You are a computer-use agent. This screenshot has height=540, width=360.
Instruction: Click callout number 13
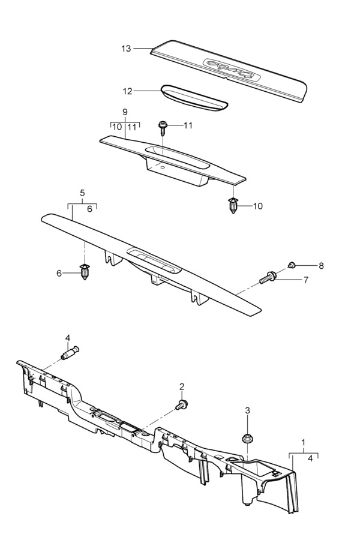point(125,49)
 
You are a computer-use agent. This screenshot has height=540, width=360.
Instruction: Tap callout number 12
point(127,91)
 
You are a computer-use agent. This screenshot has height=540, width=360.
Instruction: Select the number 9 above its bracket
point(125,112)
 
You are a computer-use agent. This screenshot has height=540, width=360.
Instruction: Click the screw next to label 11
point(163,126)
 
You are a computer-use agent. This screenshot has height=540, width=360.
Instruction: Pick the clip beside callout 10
point(233,206)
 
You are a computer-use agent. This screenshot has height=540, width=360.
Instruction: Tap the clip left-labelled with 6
point(85,272)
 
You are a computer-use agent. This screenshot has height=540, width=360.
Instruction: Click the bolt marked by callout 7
point(267,278)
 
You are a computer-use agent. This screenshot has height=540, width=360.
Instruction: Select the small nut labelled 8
point(292,265)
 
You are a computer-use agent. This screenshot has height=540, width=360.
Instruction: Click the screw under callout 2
point(182,405)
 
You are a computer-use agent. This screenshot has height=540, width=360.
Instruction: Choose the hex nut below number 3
point(247,439)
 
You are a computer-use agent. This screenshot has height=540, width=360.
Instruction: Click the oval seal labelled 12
point(193,98)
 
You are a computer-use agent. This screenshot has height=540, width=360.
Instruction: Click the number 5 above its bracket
point(83,193)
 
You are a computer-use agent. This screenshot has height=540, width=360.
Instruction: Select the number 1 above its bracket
point(304,444)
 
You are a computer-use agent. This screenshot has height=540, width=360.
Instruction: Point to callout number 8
point(321,265)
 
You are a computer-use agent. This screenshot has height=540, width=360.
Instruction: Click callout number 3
point(247,411)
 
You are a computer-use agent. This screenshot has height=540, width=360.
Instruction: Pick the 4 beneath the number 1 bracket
point(310,459)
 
